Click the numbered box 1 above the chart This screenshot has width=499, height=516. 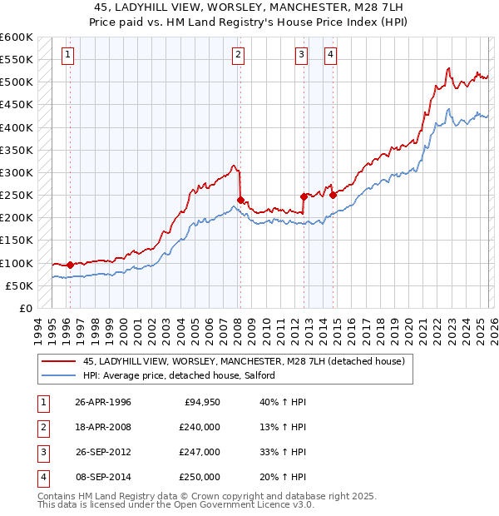(x=67, y=56)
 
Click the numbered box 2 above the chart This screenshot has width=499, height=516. (x=238, y=56)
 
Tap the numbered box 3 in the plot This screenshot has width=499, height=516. (x=300, y=56)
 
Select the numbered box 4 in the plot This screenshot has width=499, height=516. (x=330, y=56)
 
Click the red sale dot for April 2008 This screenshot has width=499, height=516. (x=240, y=200)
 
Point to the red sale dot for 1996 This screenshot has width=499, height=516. (x=70, y=265)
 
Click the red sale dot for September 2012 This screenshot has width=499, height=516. (x=304, y=196)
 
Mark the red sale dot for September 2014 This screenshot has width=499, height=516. (x=333, y=196)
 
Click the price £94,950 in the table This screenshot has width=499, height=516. (x=200, y=402)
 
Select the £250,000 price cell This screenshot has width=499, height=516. (x=200, y=477)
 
